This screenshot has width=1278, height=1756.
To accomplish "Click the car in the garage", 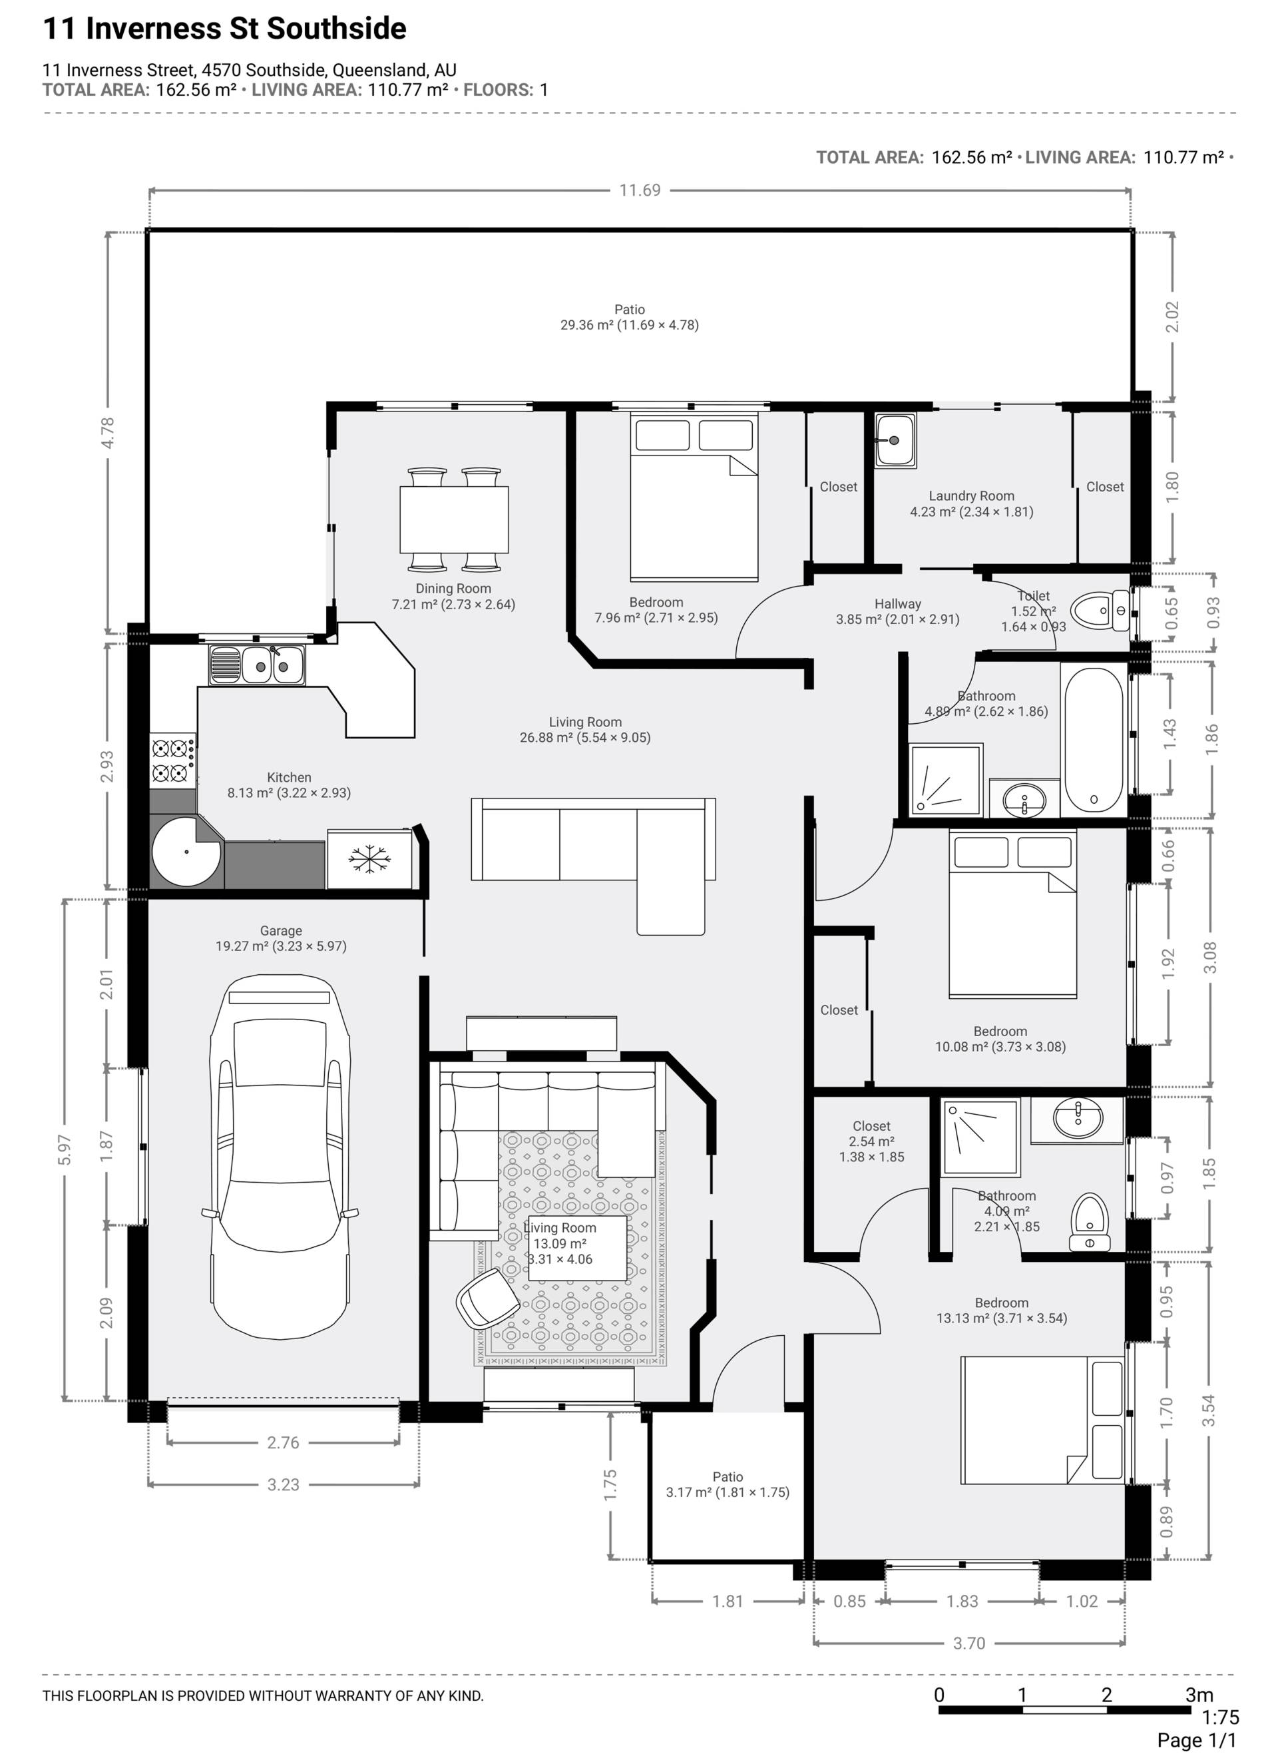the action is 280,1157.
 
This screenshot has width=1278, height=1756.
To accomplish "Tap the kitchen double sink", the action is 257,666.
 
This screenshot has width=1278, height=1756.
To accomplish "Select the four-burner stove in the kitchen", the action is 172,761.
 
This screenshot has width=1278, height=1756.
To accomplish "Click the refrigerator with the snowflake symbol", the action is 369,860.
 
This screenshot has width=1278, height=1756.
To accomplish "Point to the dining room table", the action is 455,519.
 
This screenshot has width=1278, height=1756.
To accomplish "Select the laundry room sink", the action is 896,441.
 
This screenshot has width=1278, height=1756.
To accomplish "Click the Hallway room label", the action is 898,605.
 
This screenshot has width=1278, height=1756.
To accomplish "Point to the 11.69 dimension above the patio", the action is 640,190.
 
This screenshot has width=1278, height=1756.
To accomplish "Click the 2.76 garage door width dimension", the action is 284,1443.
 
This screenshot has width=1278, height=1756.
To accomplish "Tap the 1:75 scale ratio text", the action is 1221,1718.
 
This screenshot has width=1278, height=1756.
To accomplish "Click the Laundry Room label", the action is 971,496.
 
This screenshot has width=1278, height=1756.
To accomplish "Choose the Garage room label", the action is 281,931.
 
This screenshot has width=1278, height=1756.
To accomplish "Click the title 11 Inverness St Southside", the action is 224,29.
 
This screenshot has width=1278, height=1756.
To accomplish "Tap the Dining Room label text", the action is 453,589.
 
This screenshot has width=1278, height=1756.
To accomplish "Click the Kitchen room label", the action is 289,777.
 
